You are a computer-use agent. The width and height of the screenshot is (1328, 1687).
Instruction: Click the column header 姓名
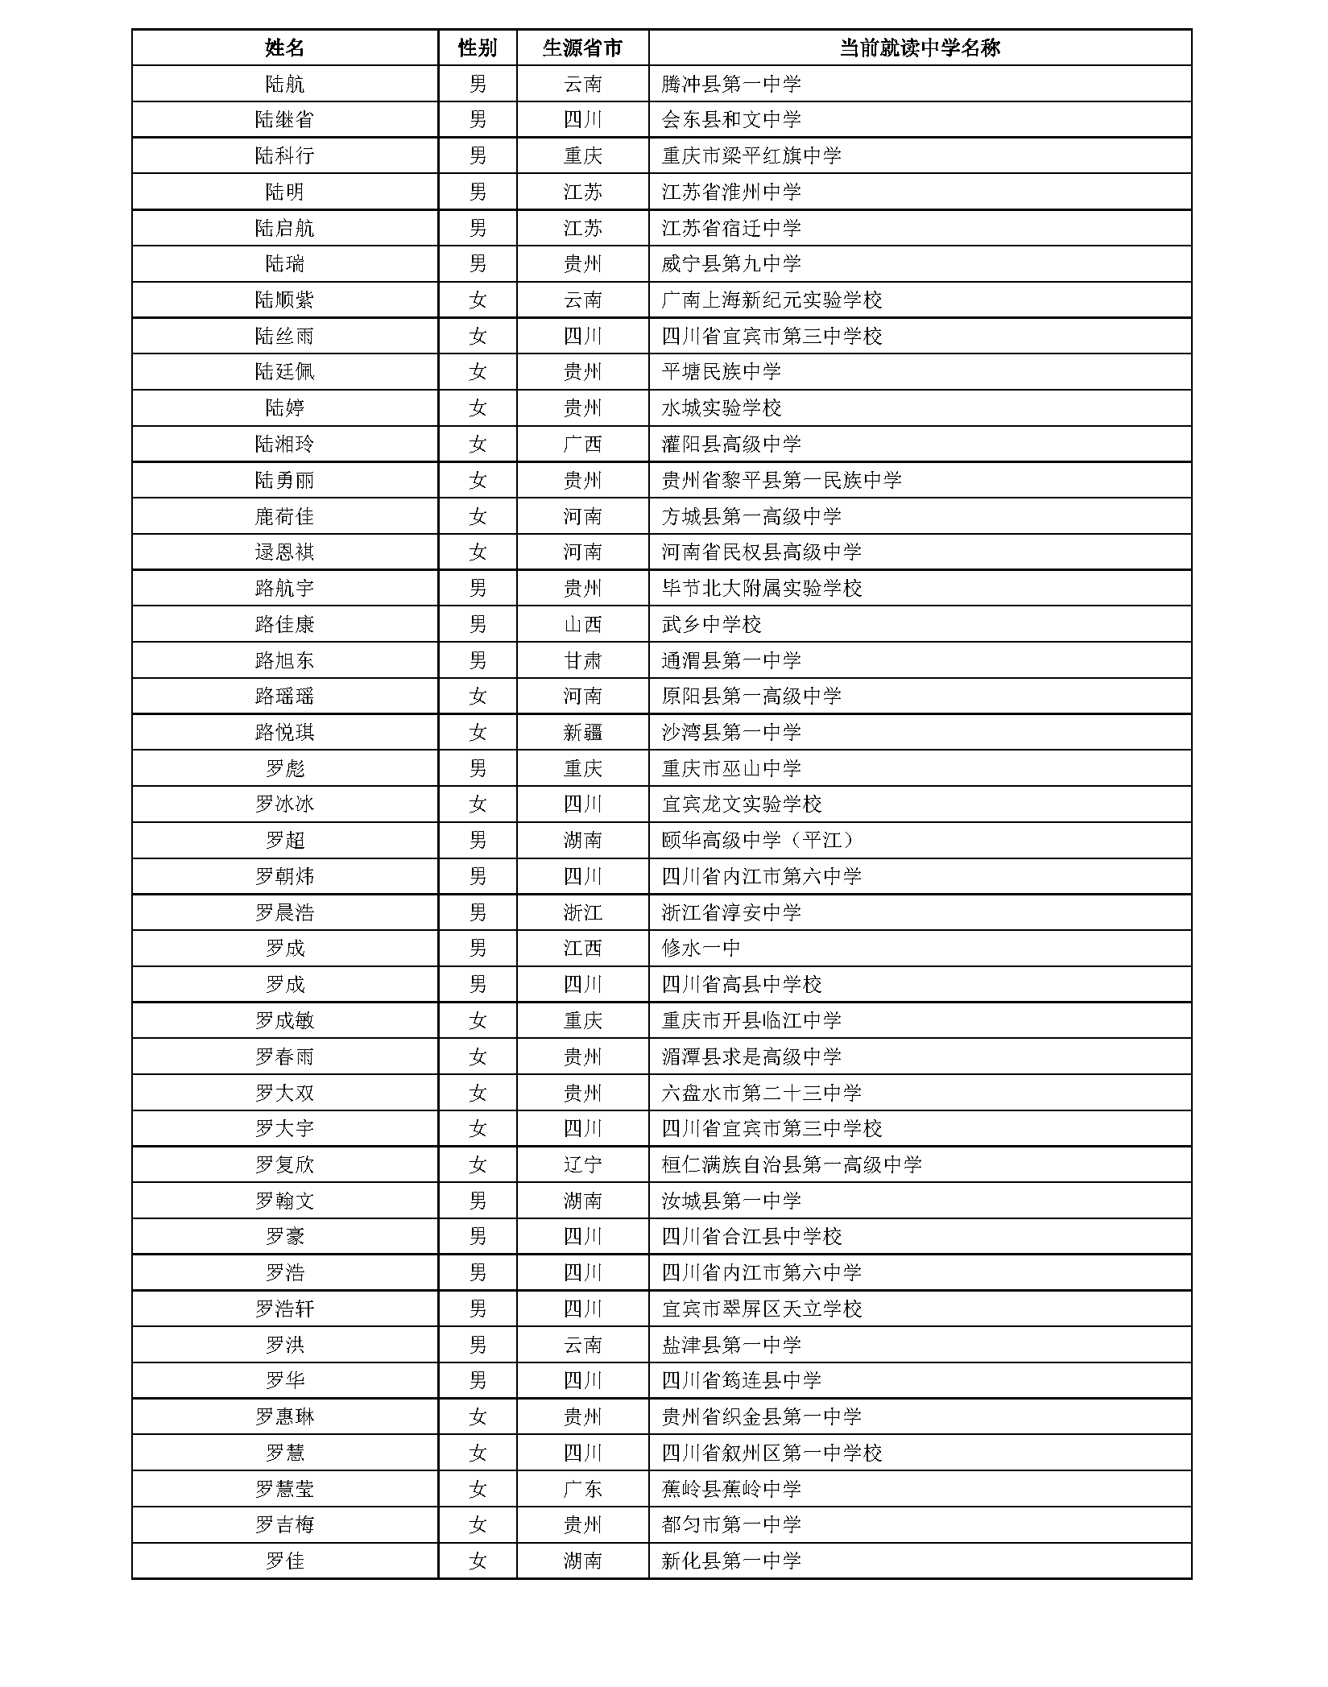[x=284, y=48]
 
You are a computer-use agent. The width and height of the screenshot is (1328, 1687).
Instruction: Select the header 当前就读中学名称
[x=919, y=48]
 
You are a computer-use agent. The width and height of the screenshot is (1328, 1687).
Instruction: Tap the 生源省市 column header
[x=582, y=48]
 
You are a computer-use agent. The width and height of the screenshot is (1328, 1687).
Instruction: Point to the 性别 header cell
[x=477, y=48]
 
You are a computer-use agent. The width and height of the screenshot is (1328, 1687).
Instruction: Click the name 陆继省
[x=284, y=120]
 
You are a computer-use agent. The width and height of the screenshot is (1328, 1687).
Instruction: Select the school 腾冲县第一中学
[x=731, y=84]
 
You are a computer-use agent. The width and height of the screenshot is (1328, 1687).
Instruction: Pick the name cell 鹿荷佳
[x=284, y=516]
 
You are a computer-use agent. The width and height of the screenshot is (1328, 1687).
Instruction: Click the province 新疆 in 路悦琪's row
[x=582, y=732]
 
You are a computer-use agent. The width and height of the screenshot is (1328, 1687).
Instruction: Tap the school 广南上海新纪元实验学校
[x=772, y=300]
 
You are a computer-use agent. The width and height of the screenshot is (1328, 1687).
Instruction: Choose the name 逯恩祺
[x=284, y=552]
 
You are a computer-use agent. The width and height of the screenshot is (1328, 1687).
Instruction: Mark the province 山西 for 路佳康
[x=582, y=624]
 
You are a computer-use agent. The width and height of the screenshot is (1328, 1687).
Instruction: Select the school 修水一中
[x=701, y=948]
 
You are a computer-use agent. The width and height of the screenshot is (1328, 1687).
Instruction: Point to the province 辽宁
[x=582, y=1164]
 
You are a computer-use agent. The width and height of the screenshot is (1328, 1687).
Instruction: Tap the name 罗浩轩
[x=284, y=1309]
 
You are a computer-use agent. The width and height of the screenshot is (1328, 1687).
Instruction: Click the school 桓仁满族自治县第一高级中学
[x=792, y=1164]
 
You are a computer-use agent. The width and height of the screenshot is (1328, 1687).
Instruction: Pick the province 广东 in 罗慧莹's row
[x=582, y=1489]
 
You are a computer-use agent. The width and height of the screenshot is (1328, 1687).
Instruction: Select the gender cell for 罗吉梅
[x=478, y=1524]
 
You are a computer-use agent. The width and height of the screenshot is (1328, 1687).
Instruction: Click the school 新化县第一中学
[x=731, y=1561]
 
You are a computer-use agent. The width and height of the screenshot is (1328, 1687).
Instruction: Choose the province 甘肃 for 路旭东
[x=582, y=660]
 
